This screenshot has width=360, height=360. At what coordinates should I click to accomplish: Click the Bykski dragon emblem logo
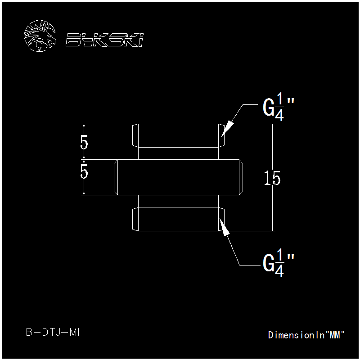point(40,36)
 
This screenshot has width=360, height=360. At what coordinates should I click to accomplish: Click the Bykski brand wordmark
point(105,40)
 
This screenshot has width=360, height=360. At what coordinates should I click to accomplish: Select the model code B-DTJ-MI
point(53,332)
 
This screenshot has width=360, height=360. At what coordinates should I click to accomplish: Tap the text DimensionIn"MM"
point(306,335)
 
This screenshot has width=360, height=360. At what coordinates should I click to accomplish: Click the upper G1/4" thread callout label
point(278,107)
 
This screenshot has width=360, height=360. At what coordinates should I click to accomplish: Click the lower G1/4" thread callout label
point(278,262)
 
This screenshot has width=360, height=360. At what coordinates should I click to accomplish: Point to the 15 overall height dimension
point(272,178)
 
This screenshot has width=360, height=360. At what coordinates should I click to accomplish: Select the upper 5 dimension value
point(84,142)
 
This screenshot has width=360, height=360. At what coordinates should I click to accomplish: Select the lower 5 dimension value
point(84,171)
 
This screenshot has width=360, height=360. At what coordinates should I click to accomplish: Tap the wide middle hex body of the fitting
point(178,177)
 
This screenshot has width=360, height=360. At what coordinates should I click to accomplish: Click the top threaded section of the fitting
point(178,136)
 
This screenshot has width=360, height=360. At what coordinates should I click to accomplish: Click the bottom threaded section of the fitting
point(178,219)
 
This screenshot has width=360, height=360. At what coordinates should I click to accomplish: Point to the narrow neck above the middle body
point(178,153)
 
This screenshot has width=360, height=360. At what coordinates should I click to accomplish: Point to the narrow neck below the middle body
point(178,201)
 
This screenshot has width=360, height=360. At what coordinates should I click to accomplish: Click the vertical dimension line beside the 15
point(273,177)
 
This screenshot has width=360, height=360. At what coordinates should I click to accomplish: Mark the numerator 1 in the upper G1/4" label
point(279,99)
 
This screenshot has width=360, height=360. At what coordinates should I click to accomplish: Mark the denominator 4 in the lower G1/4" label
point(279,270)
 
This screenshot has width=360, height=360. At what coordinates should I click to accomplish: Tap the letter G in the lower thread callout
point(269,262)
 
